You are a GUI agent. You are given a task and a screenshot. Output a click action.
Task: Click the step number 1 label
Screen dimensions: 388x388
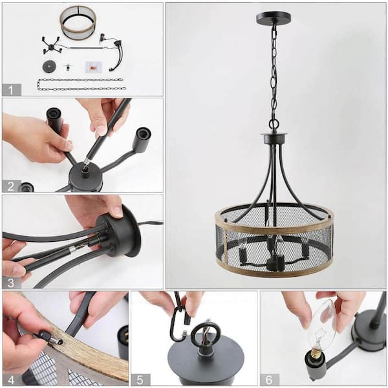point(11,90)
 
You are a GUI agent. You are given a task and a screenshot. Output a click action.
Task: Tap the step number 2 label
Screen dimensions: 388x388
point(11,186)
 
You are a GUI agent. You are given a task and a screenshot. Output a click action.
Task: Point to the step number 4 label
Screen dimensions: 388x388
point(11,379)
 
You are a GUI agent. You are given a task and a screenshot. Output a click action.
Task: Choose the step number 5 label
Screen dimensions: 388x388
point(140,379)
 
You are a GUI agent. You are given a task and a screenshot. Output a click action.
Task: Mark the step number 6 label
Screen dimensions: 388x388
point(269,379)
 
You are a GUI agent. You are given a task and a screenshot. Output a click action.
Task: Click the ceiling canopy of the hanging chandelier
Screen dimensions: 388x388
point(274,18)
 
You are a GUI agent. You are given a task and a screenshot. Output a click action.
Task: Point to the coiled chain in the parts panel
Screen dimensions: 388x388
point(80,84)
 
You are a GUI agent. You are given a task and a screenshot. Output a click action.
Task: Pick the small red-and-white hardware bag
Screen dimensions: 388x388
point(93,67)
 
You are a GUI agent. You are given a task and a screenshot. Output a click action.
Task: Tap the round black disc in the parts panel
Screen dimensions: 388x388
point(49,67)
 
